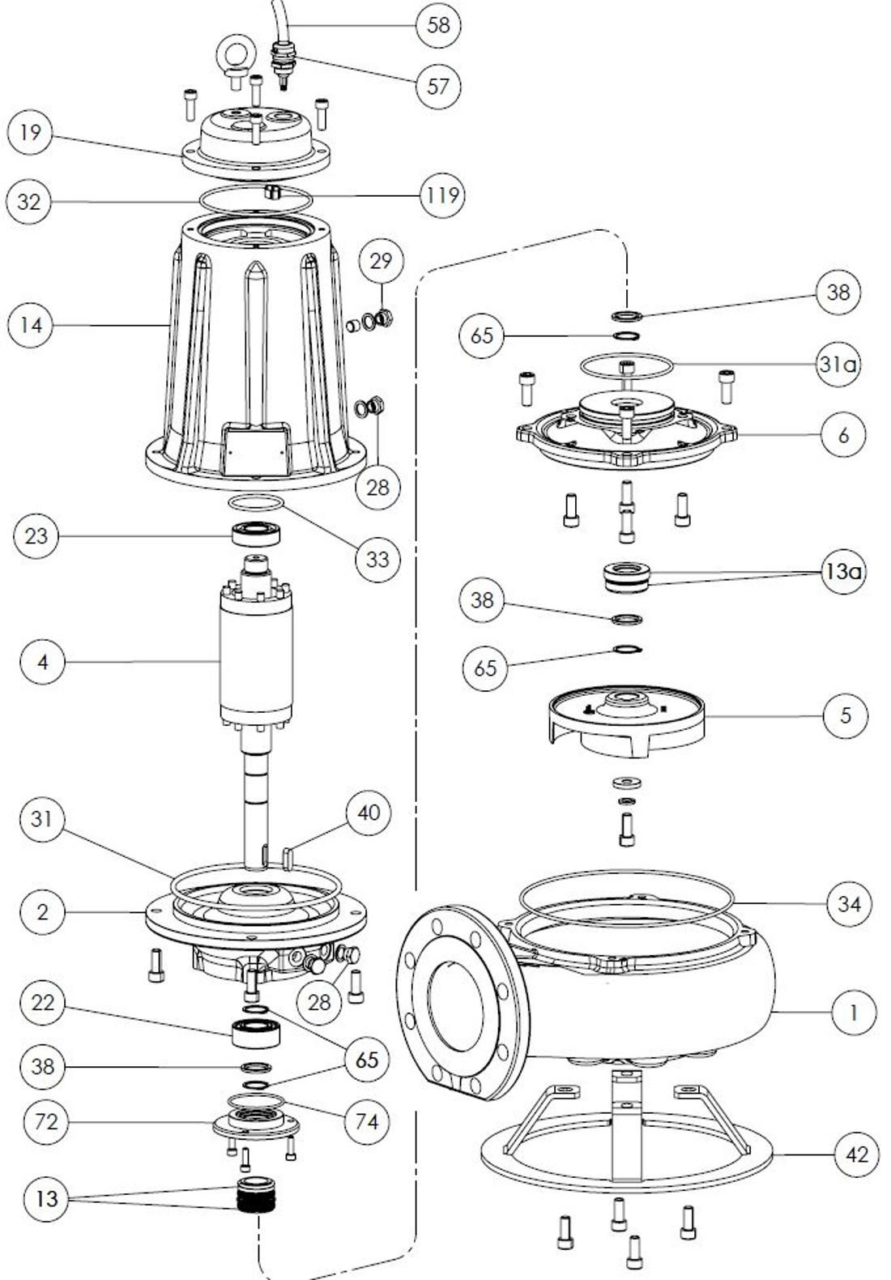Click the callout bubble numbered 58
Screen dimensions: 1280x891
point(438,24)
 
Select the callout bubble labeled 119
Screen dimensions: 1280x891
point(442,195)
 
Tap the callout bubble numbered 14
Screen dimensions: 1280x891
point(31,325)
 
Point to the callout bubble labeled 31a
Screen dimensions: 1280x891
point(837,365)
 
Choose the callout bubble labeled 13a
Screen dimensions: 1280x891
point(842,572)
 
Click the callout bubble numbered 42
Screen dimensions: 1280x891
point(856,1154)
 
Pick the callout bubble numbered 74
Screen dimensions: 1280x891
point(366,1121)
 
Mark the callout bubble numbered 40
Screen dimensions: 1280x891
point(368,813)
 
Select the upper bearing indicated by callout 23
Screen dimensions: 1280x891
point(257,534)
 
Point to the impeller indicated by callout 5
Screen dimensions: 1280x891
point(624,721)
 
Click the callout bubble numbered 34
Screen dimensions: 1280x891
point(849,902)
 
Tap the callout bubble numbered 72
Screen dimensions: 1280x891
point(46,1122)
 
